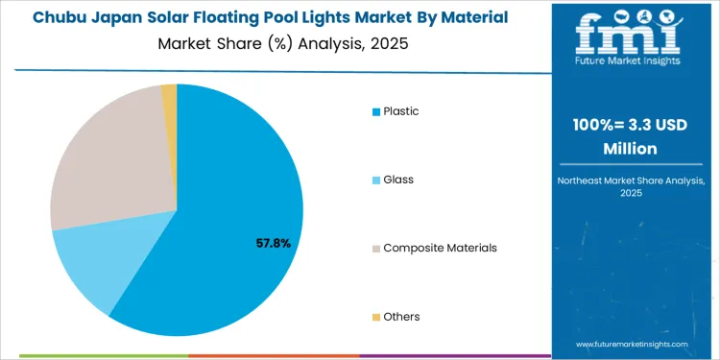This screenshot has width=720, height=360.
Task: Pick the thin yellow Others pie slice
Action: coord(169,93)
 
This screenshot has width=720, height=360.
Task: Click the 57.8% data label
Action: coord(274,244)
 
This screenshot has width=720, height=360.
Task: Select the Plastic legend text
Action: coord(400,111)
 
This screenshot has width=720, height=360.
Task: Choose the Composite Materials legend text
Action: coord(440,248)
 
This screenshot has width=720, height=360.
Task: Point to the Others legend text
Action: coord(401,316)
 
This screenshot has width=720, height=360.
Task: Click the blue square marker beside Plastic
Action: coord(376,112)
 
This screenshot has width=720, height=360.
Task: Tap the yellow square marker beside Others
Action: coord(376,317)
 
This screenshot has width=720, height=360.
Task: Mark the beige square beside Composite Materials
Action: coord(376,249)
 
